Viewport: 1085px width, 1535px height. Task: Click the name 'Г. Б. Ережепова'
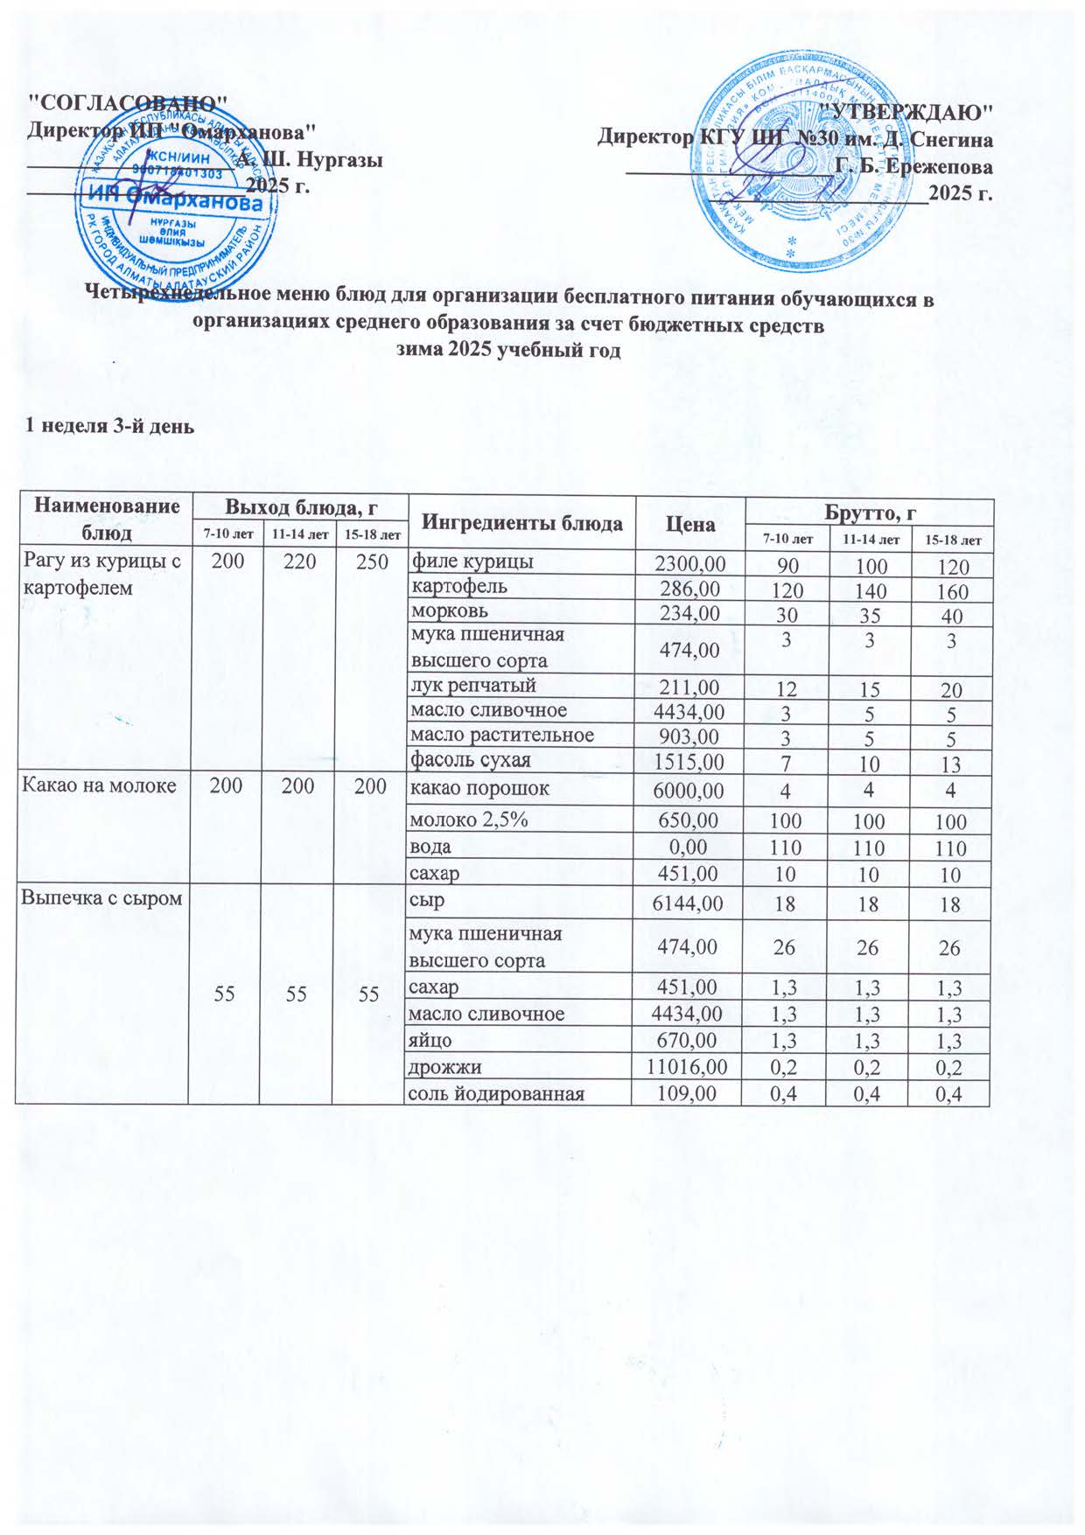[x=914, y=166]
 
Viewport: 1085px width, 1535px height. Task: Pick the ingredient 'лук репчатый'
[x=473, y=685]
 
